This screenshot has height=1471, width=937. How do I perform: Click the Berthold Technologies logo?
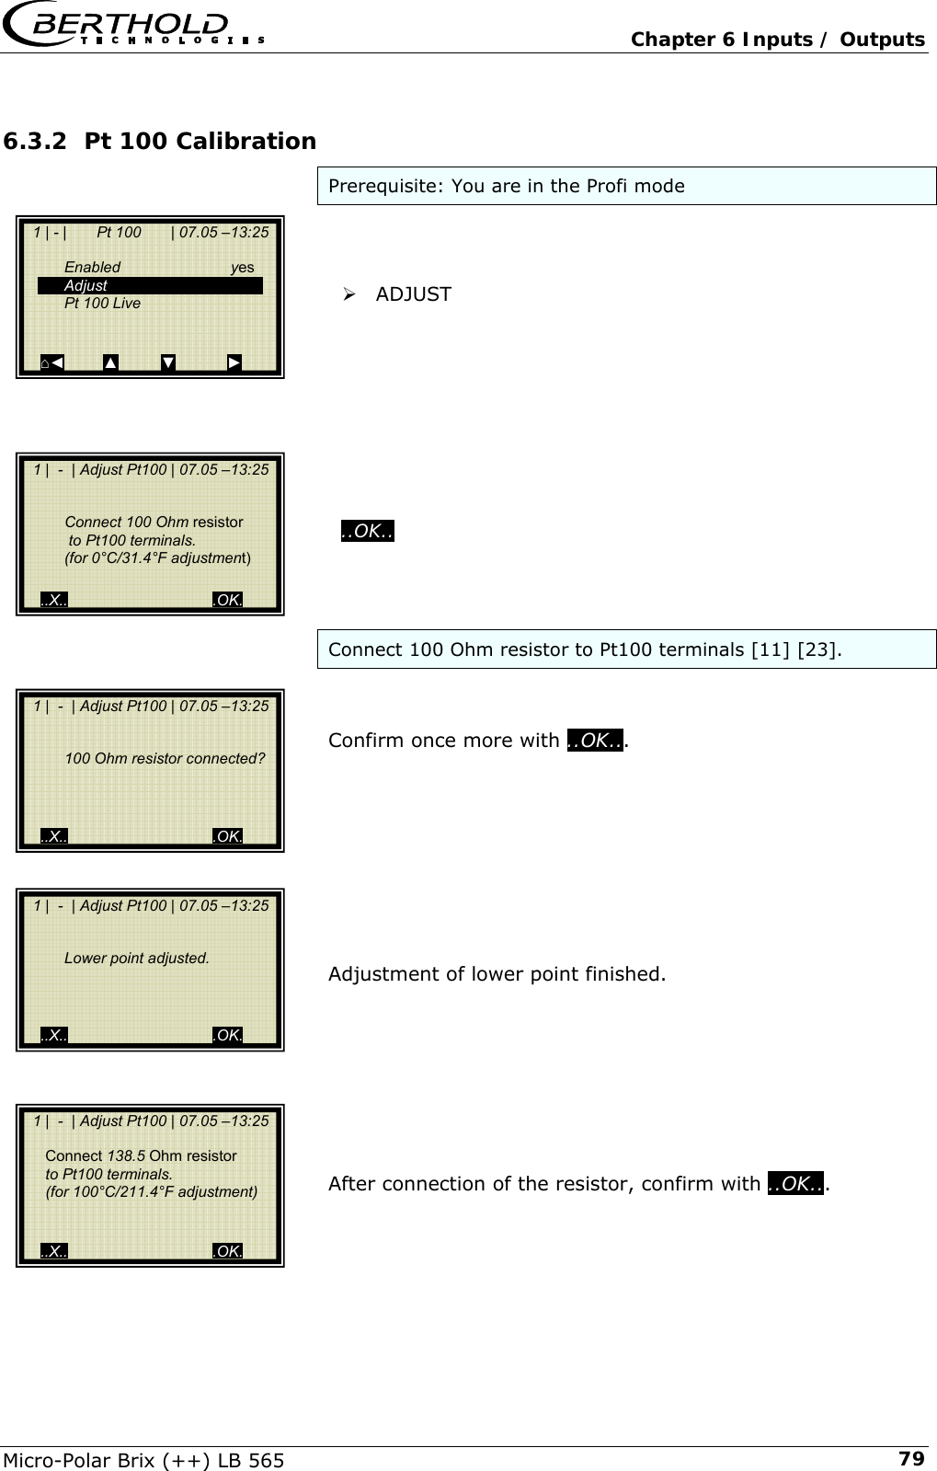[x=134, y=28]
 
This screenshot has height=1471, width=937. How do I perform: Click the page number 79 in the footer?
[x=910, y=1458]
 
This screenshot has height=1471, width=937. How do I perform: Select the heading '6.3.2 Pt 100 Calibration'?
[x=160, y=142]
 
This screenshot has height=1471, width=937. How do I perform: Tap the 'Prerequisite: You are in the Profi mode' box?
[x=626, y=186]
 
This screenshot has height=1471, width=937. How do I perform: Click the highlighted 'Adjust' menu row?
[x=150, y=286]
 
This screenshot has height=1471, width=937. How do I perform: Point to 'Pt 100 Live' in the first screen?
[x=102, y=304]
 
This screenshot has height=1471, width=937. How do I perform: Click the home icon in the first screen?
[x=46, y=363]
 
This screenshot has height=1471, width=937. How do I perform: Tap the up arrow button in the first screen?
[x=110, y=362]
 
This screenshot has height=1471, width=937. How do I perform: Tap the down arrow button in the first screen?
[x=168, y=362]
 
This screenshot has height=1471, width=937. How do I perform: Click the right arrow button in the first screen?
[x=234, y=362]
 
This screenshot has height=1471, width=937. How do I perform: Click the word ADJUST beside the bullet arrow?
[x=414, y=294]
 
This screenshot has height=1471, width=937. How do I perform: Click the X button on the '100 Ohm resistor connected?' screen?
[x=54, y=836]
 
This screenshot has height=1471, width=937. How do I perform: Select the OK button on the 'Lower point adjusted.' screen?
[x=227, y=1036]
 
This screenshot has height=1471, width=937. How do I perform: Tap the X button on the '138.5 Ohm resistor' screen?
[x=54, y=1251]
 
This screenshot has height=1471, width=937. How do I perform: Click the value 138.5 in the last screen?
[x=126, y=1156]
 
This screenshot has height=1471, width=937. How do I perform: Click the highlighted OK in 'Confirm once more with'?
[x=595, y=741]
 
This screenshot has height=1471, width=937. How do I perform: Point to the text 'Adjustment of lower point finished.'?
[x=497, y=973]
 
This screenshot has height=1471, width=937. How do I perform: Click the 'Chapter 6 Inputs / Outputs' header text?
[x=778, y=40]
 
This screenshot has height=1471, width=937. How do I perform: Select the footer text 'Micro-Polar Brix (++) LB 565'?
[x=144, y=1460]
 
